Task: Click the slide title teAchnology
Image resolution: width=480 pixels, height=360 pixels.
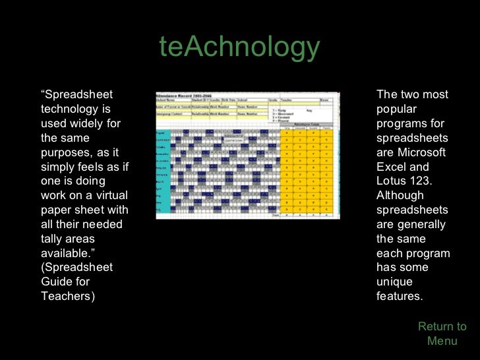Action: [x=239, y=47]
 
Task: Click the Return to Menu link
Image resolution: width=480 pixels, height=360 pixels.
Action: [x=442, y=334]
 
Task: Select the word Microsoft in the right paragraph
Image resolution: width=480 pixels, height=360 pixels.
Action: [x=421, y=152]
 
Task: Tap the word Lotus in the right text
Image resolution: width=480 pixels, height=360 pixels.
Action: [x=392, y=181]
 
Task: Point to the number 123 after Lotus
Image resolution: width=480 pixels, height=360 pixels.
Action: [x=419, y=181]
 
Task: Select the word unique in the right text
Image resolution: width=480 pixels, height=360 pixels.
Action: [x=394, y=282]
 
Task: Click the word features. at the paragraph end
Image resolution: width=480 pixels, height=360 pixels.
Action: [x=399, y=296]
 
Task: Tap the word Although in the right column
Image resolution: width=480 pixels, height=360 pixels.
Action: [x=400, y=196]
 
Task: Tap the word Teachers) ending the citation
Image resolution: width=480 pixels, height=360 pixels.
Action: [x=68, y=296]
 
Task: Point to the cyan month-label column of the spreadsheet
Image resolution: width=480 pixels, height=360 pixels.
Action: [x=163, y=171]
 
